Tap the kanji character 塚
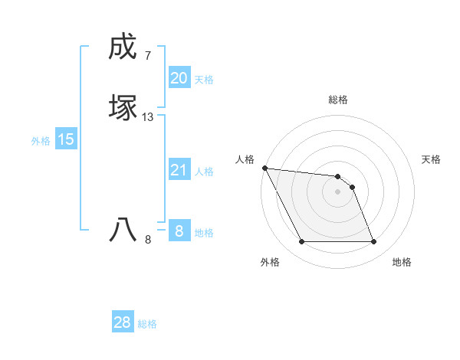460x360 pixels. click(x=122, y=108)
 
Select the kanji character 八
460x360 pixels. click(x=122, y=231)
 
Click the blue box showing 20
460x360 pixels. click(x=179, y=78)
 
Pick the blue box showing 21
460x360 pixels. click(x=179, y=170)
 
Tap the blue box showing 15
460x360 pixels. click(x=66, y=139)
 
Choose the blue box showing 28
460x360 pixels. click(x=123, y=322)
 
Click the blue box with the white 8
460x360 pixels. click(x=179, y=231)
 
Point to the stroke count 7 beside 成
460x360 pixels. click(x=147, y=56)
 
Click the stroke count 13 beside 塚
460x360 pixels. click(x=148, y=117)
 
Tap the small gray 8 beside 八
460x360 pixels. click(x=148, y=240)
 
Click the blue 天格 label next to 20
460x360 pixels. click(x=204, y=80)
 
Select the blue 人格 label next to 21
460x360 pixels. click(x=204, y=172)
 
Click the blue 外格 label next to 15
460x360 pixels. click(x=41, y=141)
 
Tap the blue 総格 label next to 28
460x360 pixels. click(x=147, y=324)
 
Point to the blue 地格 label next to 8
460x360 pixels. click(x=204, y=233)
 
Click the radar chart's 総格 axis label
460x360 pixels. click(x=338, y=100)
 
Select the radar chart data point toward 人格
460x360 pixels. click(x=264, y=168)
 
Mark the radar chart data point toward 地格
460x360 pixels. click(x=374, y=242)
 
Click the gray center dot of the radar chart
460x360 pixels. click(x=338, y=191)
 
